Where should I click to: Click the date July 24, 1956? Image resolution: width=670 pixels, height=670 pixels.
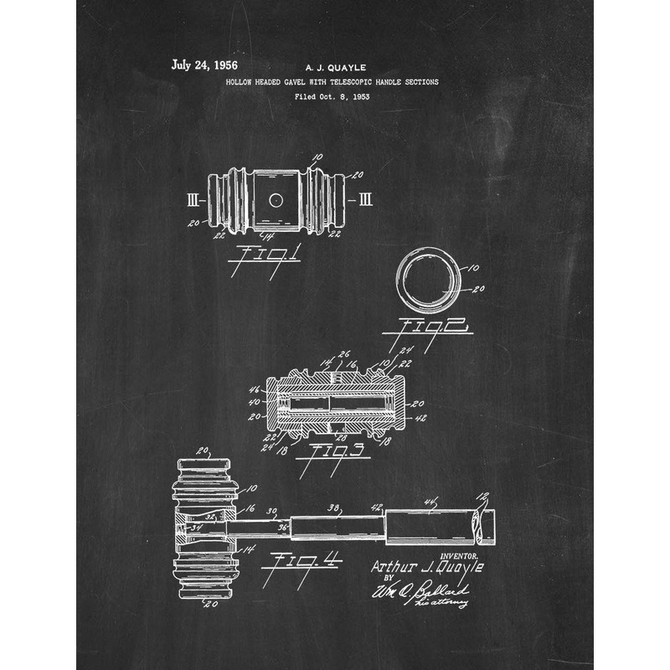[204, 64]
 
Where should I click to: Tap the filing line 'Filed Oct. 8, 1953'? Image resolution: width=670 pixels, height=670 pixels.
[332, 96]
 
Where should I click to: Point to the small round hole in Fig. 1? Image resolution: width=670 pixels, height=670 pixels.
[275, 200]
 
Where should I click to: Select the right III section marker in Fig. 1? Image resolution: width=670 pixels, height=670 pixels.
[366, 200]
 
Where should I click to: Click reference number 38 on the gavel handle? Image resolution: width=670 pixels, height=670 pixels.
[333, 507]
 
